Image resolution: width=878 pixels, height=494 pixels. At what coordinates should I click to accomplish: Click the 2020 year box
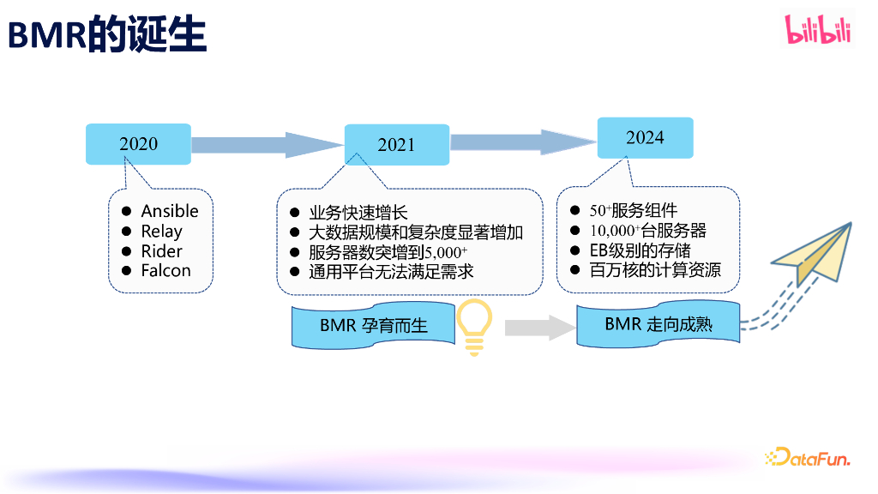point(138,144)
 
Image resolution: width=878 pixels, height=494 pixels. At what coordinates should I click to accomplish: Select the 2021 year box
point(396,145)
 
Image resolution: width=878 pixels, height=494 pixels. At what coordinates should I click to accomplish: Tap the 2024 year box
point(645,138)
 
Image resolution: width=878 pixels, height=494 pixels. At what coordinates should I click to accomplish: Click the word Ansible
point(170,211)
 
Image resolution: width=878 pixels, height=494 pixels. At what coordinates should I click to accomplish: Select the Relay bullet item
point(161,231)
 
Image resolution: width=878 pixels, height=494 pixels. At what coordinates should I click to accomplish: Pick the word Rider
point(161,251)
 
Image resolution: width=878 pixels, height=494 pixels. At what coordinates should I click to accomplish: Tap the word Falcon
point(165,271)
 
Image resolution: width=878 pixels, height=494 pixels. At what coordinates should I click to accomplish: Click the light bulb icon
point(474,327)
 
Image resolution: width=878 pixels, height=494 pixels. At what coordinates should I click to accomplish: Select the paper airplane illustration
point(814,252)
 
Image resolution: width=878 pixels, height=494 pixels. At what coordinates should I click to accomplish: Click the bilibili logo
point(818,31)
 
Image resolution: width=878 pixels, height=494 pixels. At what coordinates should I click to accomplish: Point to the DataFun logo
point(807,458)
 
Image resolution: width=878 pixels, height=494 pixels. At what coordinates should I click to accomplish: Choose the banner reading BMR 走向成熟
point(658,324)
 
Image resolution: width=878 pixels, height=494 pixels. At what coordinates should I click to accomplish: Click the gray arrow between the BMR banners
point(538,327)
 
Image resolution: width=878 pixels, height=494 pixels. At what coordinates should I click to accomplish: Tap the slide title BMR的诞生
point(107,36)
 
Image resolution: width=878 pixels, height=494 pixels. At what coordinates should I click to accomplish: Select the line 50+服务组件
point(634,210)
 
